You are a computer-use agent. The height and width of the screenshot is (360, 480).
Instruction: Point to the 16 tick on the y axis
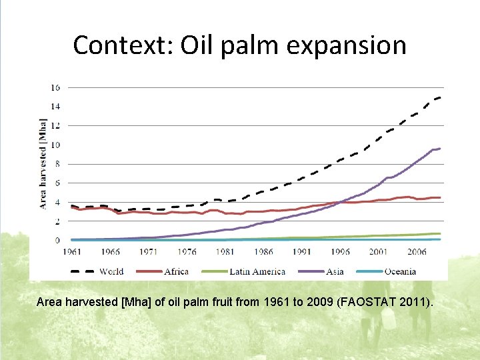point(56,87)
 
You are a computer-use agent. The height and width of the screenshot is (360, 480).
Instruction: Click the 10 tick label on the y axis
point(56,145)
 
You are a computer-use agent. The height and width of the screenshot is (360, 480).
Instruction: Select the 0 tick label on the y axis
point(58,240)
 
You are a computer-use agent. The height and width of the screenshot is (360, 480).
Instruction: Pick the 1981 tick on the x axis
point(225,252)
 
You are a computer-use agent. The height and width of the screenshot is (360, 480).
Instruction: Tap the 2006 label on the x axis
point(417,252)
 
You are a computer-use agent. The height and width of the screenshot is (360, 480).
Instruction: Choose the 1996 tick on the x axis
point(340,252)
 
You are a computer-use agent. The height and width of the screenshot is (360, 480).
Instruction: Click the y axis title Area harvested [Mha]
point(43,163)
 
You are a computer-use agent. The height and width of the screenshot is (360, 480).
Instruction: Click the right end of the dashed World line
point(440,97)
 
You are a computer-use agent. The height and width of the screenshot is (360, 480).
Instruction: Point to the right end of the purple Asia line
point(440,149)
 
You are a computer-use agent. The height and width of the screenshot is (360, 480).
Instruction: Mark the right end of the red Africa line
point(440,197)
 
